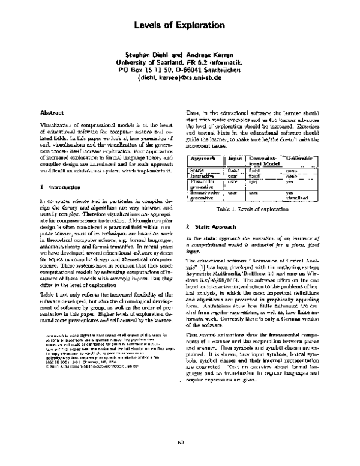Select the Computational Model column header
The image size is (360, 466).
coord(262,160)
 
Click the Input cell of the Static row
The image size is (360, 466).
coord(233,171)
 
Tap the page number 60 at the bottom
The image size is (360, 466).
coord(180,443)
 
